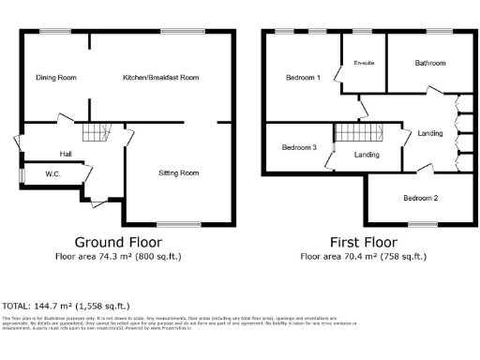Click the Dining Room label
tap(55, 77)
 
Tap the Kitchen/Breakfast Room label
tap(161, 77)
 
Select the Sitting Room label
tap(177, 172)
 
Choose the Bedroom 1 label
tap(303, 77)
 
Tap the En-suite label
tap(364, 63)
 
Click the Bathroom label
tap(429, 63)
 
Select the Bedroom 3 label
tap(299, 148)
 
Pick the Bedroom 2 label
tap(421, 198)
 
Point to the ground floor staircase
tap(94, 133)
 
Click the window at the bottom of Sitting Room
tap(178, 223)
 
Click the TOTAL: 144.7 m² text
tap(66, 306)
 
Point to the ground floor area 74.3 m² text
tap(117, 255)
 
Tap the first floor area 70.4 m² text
tap(361, 255)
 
